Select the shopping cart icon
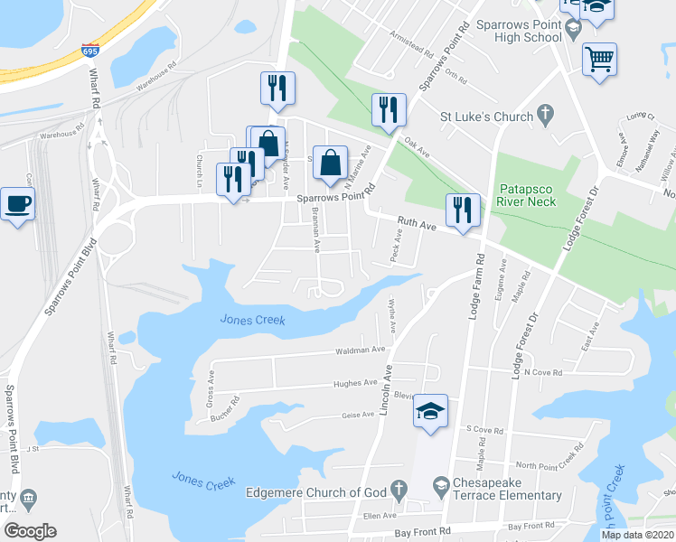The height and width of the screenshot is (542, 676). (x=599, y=61)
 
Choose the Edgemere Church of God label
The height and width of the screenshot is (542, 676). (x=316, y=492)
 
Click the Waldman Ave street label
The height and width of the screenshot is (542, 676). (x=360, y=349)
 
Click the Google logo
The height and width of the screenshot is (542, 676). (x=30, y=530)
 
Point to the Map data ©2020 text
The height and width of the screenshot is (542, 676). (x=638, y=534)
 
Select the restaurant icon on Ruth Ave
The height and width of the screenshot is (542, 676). (x=463, y=212)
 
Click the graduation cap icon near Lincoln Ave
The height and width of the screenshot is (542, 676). (x=431, y=412)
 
